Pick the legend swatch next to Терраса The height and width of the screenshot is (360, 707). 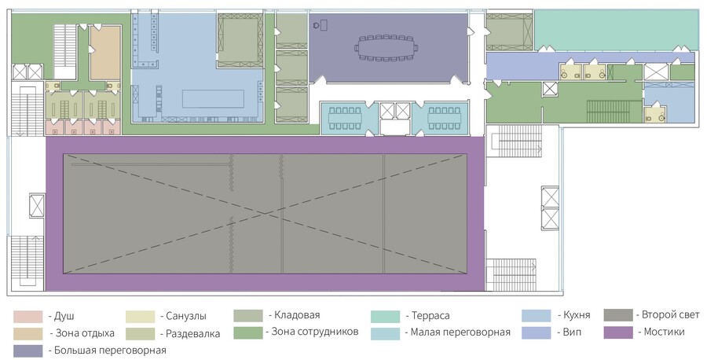(x=385, y=317)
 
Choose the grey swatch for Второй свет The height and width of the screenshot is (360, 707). (x=618, y=315)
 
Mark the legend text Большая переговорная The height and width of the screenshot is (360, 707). (x=110, y=350)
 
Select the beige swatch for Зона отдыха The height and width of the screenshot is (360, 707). (x=27, y=333)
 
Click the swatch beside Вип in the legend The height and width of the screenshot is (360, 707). (x=536, y=332)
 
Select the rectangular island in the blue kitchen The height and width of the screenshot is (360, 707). (x=213, y=99)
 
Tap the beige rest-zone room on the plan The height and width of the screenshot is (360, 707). (x=105, y=53)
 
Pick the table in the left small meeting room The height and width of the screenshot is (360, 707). (x=345, y=118)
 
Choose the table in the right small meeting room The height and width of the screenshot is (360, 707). (x=444, y=118)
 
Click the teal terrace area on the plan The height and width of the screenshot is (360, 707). (x=615, y=30)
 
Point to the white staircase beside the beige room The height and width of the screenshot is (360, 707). (x=64, y=51)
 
